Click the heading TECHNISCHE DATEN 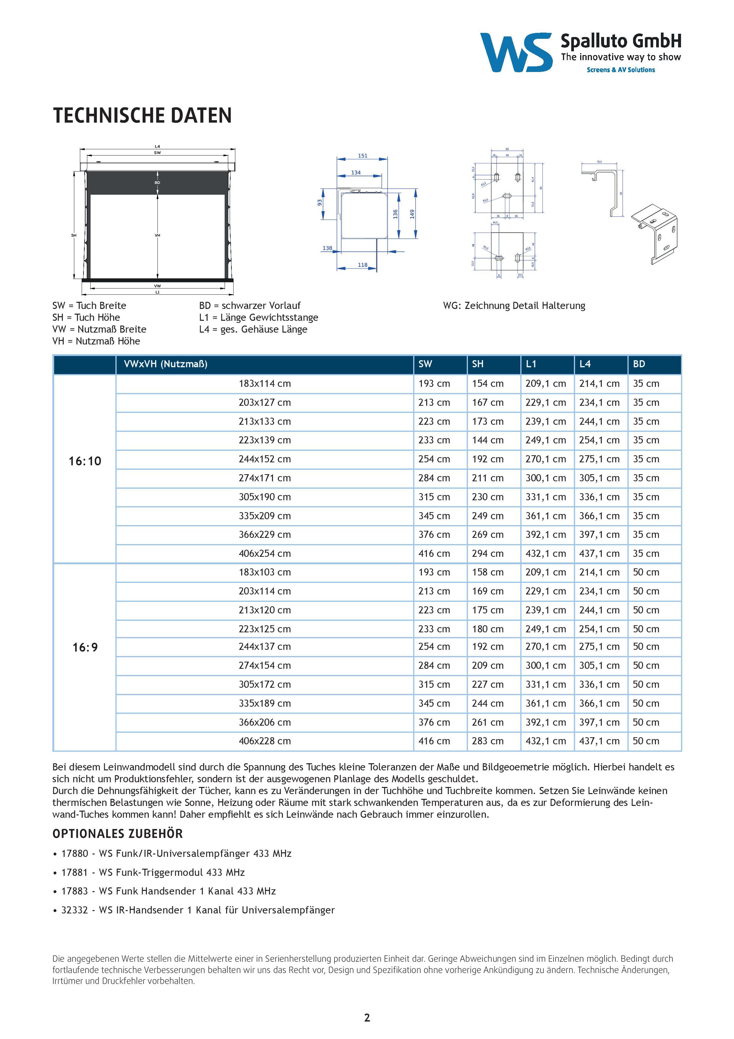[x=142, y=116]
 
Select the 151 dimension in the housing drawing [x=362, y=156]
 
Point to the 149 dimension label [x=412, y=214]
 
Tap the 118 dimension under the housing [x=362, y=265]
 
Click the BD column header [x=639, y=364]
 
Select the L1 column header [x=531, y=364]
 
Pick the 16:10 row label [x=85, y=461]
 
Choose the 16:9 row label [x=85, y=647]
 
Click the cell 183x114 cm [x=265, y=384]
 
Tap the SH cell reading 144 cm [x=487, y=440]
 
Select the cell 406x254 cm [x=265, y=554]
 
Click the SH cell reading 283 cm [x=487, y=741]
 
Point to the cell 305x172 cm [x=265, y=684]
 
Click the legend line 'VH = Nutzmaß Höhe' [x=96, y=341]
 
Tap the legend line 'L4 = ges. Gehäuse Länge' [x=253, y=329]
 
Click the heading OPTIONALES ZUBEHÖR [x=117, y=833]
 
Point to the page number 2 [x=367, y=1018]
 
